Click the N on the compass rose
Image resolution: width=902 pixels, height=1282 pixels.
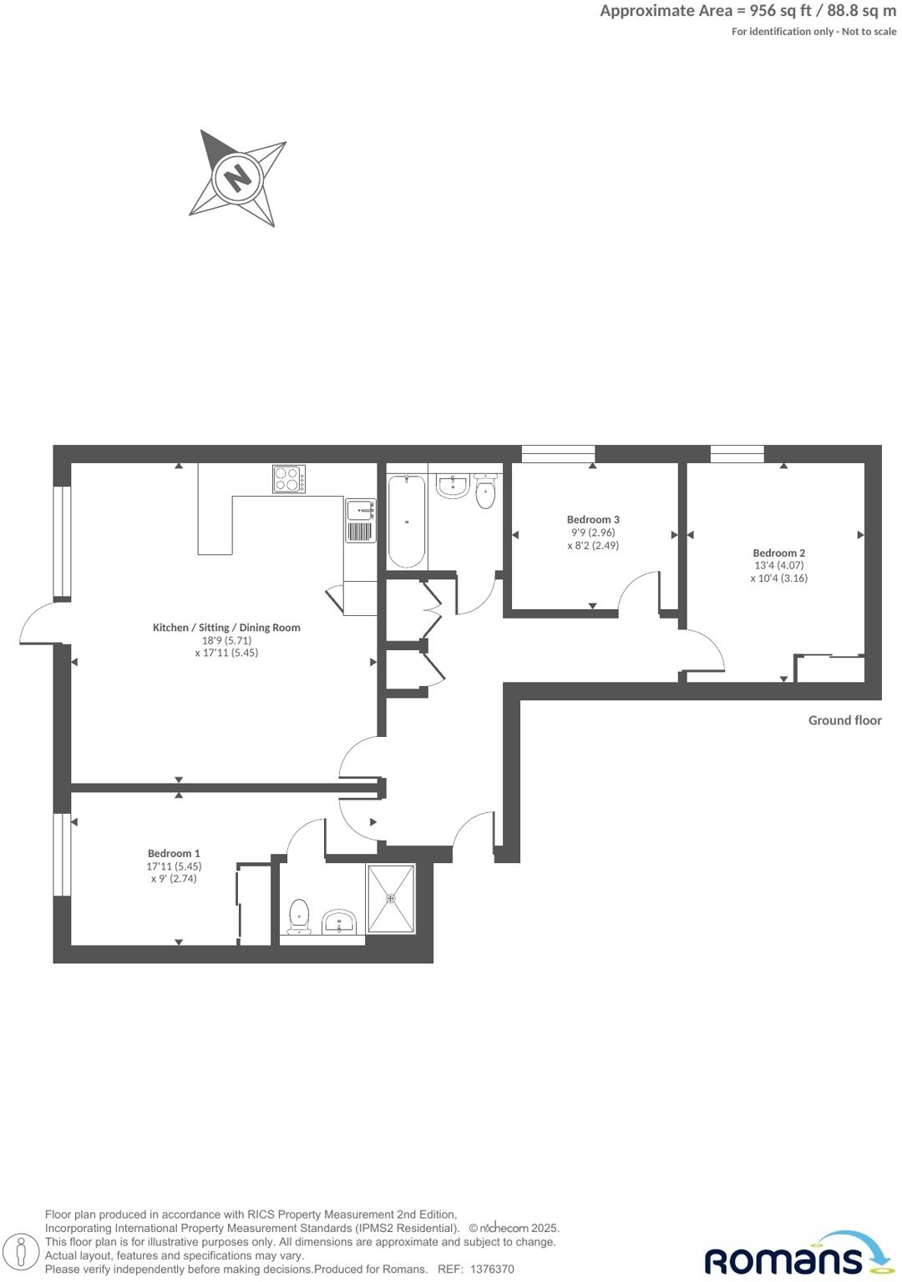click(238, 178)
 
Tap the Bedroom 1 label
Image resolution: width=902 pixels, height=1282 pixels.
click(174, 853)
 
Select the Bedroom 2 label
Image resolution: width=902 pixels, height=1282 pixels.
click(778, 553)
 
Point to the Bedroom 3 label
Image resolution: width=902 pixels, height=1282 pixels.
click(593, 519)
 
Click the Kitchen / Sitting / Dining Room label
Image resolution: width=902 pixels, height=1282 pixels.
click(226, 628)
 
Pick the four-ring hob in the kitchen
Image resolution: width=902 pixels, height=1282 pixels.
click(288, 479)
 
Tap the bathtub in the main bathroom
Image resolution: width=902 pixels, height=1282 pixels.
click(407, 521)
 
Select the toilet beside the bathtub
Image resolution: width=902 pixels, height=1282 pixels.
click(485, 492)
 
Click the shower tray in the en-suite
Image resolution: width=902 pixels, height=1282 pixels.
click(391, 898)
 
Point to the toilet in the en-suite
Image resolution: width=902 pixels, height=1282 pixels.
click(299, 916)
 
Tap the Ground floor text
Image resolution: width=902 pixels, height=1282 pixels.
click(844, 720)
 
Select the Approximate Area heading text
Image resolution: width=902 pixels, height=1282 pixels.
click(747, 11)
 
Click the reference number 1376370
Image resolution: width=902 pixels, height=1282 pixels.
click(492, 1269)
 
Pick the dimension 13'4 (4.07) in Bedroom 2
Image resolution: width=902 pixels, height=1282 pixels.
click(778, 565)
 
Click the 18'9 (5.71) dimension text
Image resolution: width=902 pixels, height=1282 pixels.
click(226, 640)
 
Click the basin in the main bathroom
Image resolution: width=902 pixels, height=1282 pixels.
click(453, 486)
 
